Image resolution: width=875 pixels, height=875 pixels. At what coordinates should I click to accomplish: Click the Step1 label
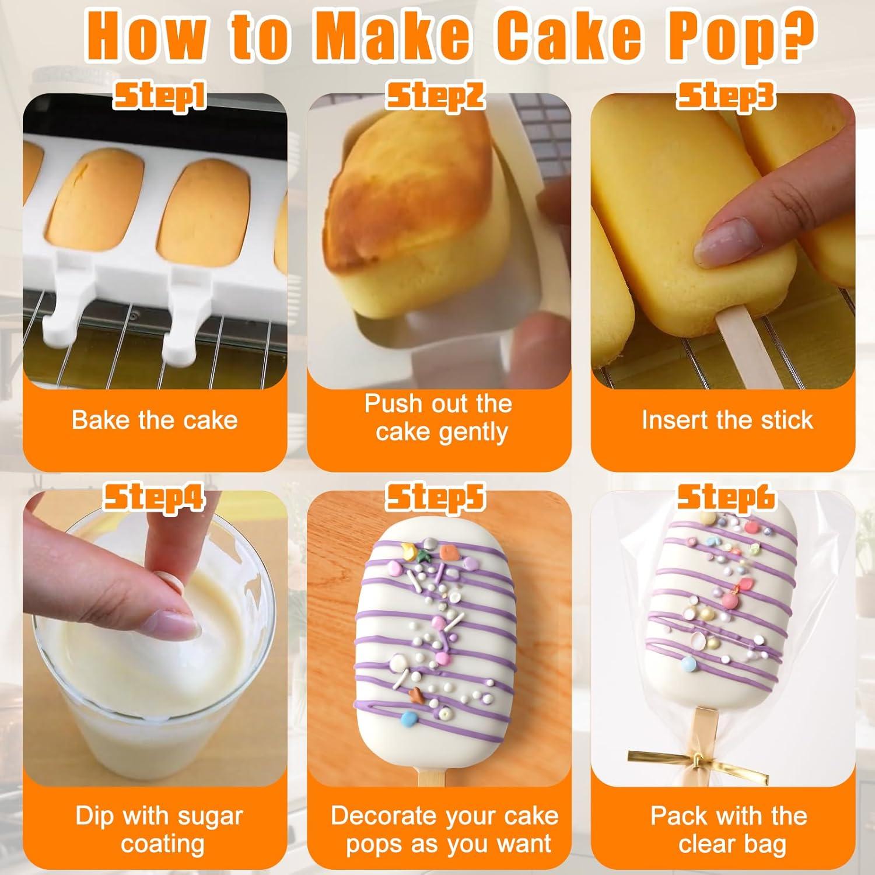(x=159, y=96)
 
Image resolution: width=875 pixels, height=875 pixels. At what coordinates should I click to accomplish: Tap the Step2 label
(x=436, y=96)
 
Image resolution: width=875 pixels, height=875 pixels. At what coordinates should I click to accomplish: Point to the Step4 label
(x=154, y=498)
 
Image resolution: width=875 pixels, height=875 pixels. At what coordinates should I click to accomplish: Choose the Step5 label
(x=436, y=498)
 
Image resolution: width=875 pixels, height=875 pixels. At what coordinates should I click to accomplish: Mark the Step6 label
(x=726, y=498)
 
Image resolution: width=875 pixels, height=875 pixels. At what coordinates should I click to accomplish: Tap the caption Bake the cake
(x=155, y=420)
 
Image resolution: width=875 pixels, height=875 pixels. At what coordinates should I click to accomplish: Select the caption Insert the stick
(x=727, y=420)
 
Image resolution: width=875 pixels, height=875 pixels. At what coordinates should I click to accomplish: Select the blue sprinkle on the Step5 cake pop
(x=411, y=716)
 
